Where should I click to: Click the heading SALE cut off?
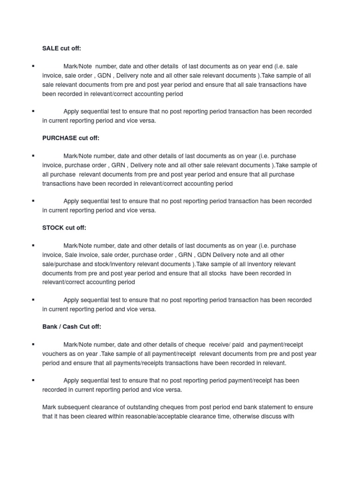click(x=65, y=48)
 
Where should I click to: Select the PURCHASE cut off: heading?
click(x=71, y=138)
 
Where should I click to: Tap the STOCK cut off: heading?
click(x=64, y=228)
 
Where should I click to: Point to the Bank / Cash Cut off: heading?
click(x=72, y=327)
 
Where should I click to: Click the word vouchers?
click(x=55, y=354)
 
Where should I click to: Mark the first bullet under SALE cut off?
click(x=33, y=66)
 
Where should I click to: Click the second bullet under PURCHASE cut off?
click(x=33, y=201)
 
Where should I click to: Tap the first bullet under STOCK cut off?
click(x=33, y=245)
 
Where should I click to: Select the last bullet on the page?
click(x=33, y=380)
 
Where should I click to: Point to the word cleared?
click(x=98, y=416)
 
